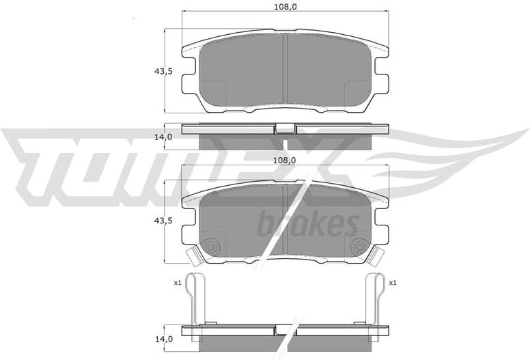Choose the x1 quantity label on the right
(393, 283)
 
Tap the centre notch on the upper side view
(285, 128)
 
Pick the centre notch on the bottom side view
(285, 329)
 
